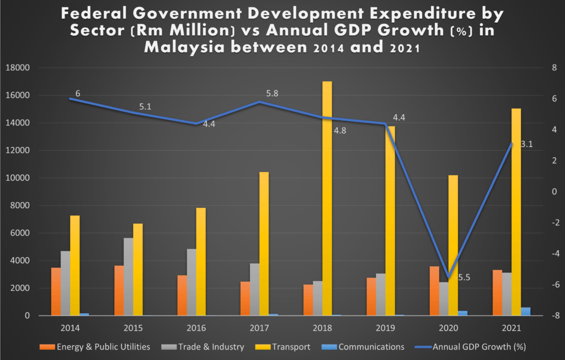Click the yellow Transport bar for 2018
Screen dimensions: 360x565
click(x=327, y=198)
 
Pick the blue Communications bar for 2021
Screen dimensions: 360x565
click(x=525, y=311)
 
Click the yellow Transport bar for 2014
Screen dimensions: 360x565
click(x=75, y=265)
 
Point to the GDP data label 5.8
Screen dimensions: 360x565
click(x=272, y=94)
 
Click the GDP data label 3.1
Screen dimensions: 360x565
click(x=526, y=144)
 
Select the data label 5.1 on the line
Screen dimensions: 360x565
click(x=145, y=107)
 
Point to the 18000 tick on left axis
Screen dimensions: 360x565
click(x=19, y=68)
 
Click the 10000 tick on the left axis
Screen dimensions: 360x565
click(x=19, y=178)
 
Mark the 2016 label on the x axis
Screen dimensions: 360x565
click(x=196, y=328)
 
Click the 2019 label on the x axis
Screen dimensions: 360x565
click(x=386, y=328)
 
